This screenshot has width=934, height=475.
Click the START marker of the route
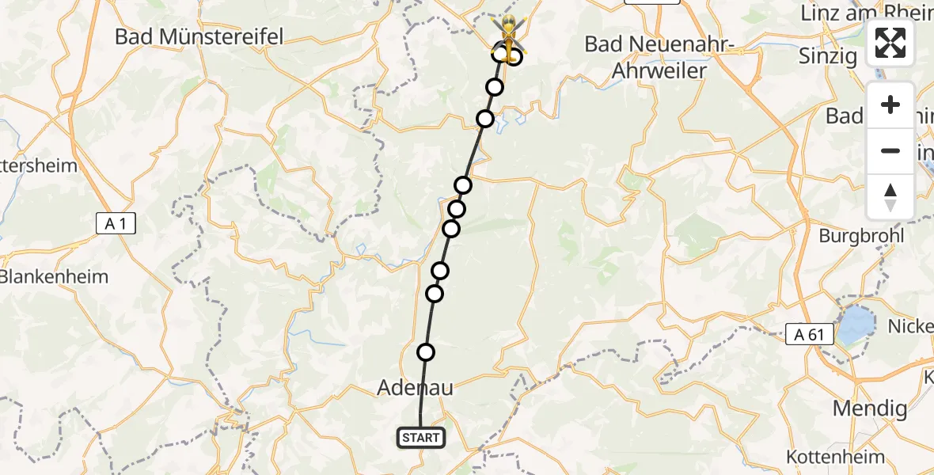tap(420, 438)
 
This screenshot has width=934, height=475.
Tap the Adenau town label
tap(416, 388)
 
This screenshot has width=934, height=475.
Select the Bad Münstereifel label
tap(199, 36)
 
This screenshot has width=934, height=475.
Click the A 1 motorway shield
tap(116, 224)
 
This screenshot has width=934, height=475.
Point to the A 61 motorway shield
tap(810, 335)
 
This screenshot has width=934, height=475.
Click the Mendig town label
tap(869, 408)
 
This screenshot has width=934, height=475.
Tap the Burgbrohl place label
tap(860, 236)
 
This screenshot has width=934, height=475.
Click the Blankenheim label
tap(54, 278)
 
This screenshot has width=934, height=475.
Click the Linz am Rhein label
tap(867, 13)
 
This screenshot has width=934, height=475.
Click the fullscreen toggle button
tap(890, 43)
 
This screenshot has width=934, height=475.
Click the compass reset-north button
tap(890, 196)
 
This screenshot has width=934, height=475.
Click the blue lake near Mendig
tap(856, 324)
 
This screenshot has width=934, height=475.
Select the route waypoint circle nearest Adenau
tap(426, 352)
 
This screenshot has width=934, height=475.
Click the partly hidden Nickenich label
tap(910, 325)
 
